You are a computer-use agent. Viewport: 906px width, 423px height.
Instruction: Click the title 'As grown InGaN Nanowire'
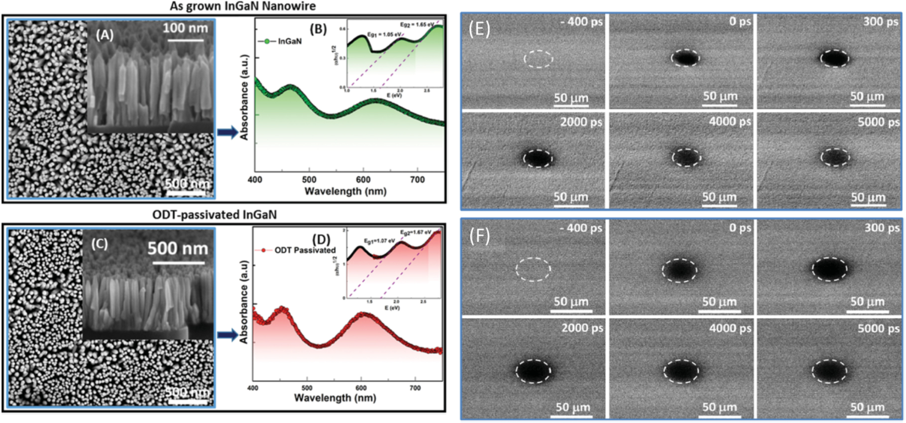click(x=242, y=6)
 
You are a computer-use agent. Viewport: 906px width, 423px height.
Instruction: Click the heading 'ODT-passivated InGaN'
click(x=214, y=214)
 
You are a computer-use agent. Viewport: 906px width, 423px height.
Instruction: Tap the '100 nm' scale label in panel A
click(x=185, y=28)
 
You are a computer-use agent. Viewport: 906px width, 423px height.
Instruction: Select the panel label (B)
click(x=318, y=29)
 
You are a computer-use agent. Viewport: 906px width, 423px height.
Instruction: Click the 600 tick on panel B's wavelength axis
click(x=363, y=180)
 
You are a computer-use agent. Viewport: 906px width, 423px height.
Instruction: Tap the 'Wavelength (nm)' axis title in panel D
click(x=335, y=398)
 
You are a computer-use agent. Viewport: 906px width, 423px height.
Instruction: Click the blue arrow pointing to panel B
click(x=227, y=132)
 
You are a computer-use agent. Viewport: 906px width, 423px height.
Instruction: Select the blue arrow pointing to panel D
click(x=227, y=335)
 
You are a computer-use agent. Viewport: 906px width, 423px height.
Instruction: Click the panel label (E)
click(x=479, y=29)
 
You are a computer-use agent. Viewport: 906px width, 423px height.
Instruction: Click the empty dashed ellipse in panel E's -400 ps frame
click(x=538, y=59)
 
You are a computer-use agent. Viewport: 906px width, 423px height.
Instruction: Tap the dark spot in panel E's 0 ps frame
click(x=685, y=58)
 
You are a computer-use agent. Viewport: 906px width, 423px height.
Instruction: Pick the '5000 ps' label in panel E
click(x=878, y=122)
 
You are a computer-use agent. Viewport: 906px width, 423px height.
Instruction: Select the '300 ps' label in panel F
click(x=882, y=228)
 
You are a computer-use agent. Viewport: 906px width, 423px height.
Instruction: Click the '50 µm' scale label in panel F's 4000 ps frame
click(x=719, y=407)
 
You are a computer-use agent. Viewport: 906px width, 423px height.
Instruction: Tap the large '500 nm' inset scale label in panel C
click(x=178, y=249)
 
